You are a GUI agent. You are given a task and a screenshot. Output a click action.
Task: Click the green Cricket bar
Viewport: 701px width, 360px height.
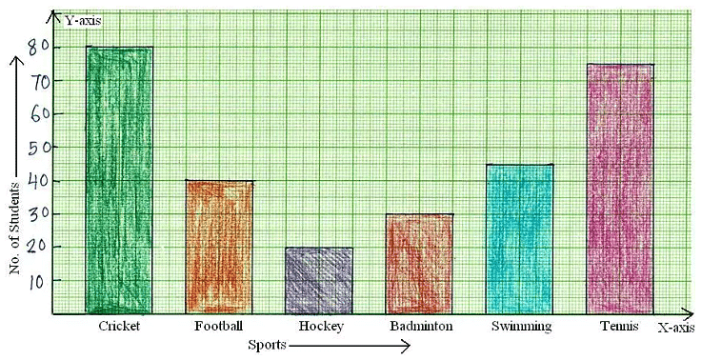118,181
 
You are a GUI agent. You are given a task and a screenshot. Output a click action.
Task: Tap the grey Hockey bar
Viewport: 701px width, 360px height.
319,280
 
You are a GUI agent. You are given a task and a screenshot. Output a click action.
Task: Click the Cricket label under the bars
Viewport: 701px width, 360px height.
119,327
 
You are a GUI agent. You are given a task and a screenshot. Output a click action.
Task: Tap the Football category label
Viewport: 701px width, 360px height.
218,327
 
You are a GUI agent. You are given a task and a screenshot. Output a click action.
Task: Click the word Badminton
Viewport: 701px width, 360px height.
420,327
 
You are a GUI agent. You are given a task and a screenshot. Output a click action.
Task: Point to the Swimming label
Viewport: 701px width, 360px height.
521,327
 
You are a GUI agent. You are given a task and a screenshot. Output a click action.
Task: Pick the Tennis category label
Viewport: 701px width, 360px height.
620,327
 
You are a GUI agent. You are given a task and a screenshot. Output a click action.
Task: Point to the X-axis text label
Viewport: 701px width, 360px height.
674,327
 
